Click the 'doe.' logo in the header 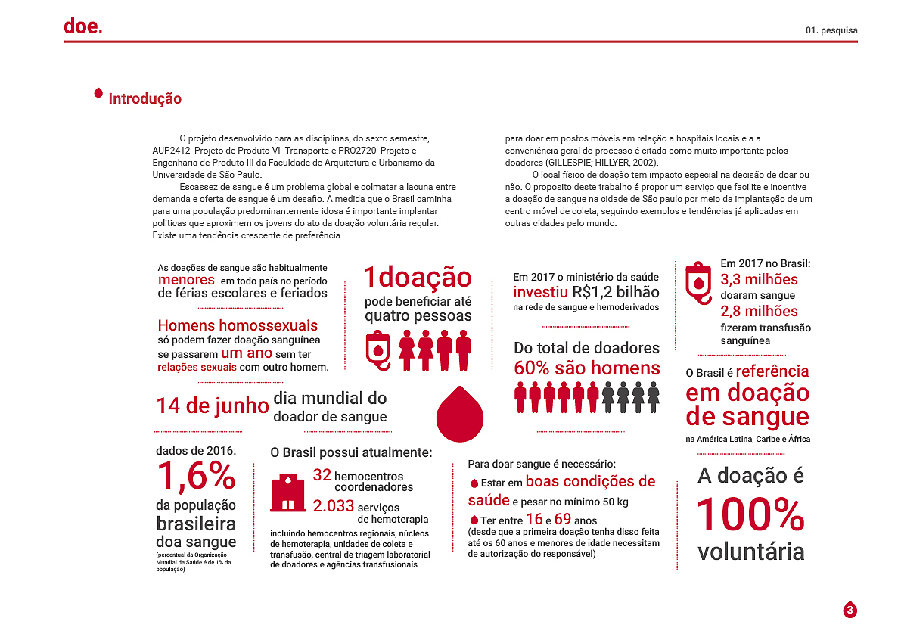point(82,26)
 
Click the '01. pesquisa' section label point(831,31)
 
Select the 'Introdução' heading point(144,99)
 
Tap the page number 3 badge point(850,610)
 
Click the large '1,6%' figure point(196,477)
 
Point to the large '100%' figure point(750,514)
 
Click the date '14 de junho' point(213,406)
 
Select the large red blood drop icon point(460,412)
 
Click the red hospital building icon point(287,493)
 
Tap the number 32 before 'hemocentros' point(322,475)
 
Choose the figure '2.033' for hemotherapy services point(334,506)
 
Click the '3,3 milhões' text point(759,280)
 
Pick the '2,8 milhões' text point(759,311)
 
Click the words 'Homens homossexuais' point(238,325)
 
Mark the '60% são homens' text point(586,368)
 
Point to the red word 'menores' point(186,280)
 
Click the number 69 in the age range point(562,519)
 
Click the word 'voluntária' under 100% point(750,552)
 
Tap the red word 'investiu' point(540,292)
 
